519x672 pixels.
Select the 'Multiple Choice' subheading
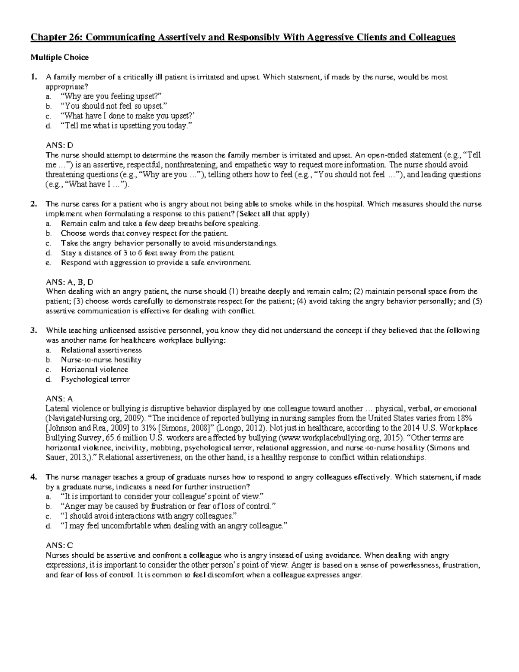(59, 57)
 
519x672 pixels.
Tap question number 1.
(33, 77)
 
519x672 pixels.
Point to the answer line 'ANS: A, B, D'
(70, 282)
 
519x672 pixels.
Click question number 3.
(33, 331)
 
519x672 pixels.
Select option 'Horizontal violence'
(94, 370)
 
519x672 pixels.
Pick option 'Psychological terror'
(95, 379)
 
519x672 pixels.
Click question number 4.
(33, 477)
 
